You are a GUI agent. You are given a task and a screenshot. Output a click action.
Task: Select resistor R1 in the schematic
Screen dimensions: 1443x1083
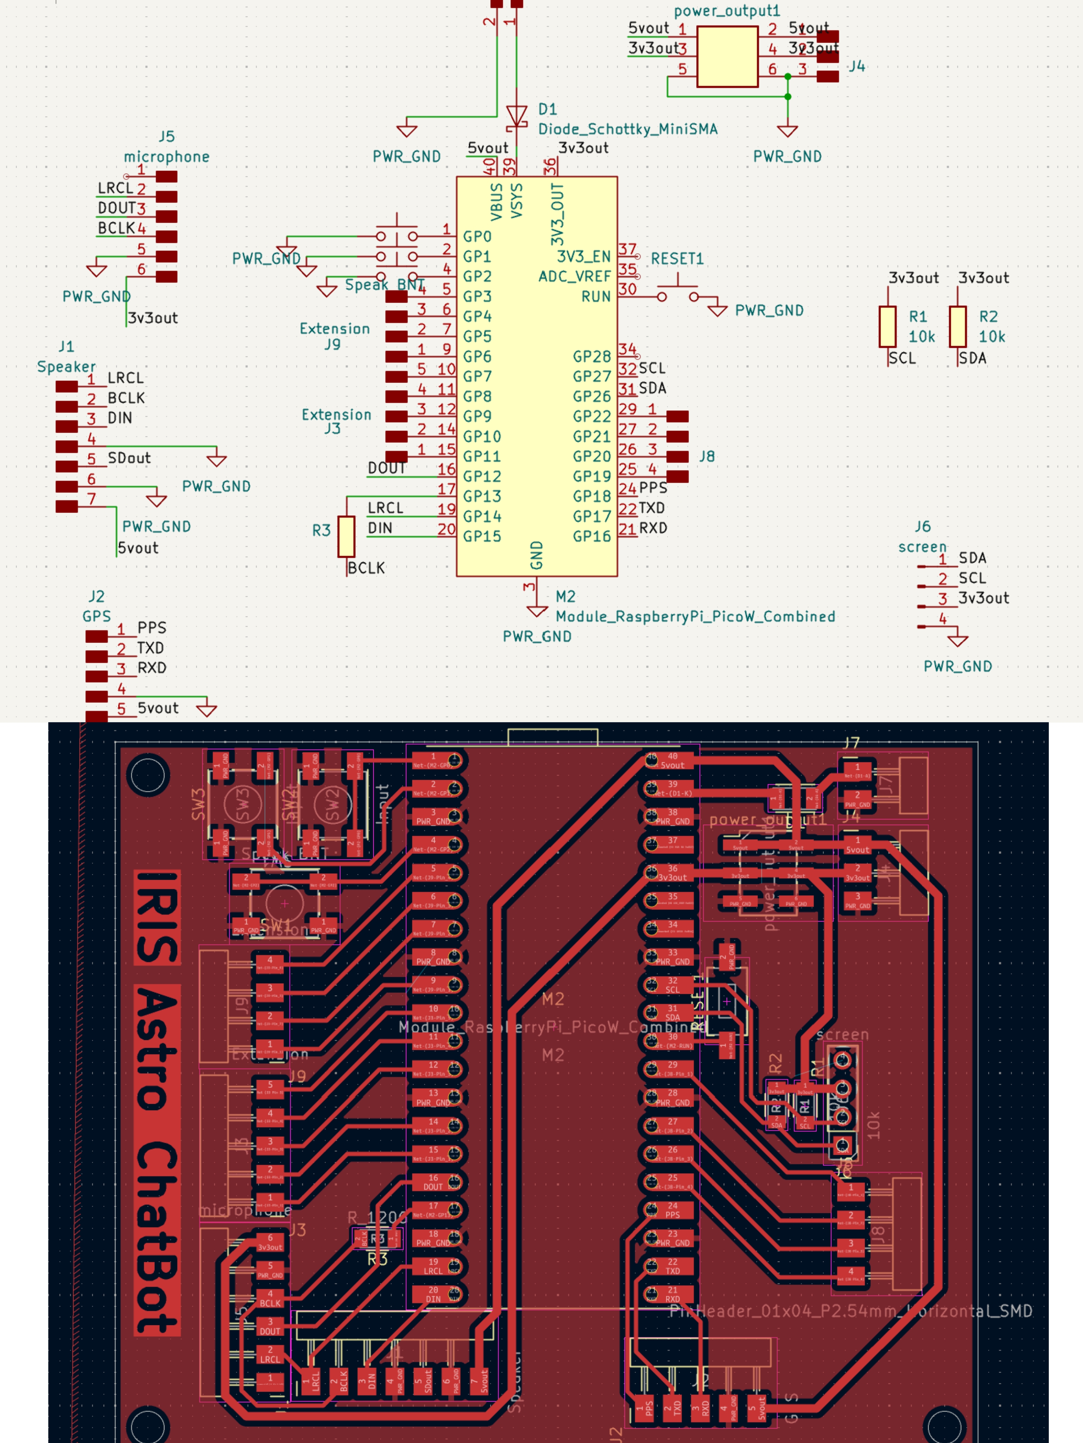[x=887, y=326]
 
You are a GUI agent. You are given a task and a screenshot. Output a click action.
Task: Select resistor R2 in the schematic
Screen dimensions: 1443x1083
[x=957, y=326]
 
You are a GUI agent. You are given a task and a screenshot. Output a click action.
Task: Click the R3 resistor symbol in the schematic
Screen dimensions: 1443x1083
[x=346, y=536]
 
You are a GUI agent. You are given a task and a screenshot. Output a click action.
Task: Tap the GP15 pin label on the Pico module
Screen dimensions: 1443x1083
[x=482, y=536]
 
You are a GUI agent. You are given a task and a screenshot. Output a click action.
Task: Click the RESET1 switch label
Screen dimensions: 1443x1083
[x=677, y=259]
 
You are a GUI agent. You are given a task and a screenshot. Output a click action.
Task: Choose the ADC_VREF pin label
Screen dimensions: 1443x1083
[x=575, y=277]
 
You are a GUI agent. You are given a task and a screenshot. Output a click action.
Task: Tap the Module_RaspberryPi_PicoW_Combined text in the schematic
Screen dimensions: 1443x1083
[x=695, y=617]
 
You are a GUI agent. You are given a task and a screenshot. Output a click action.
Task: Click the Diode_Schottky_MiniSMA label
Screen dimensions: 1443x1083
[x=628, y=129]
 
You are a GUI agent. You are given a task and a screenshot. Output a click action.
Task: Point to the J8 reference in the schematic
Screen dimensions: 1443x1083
[x=707, y=457]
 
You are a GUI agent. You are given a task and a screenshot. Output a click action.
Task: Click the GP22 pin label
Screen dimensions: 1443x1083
[x=592, y=416]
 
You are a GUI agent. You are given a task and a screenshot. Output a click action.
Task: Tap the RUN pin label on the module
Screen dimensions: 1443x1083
[x=596, y=297]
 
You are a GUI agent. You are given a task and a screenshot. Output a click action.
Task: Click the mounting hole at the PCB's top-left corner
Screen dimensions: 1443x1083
[x=149, y=775]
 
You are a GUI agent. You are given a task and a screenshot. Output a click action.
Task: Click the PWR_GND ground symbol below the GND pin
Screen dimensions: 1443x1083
[x=537, y=611]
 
